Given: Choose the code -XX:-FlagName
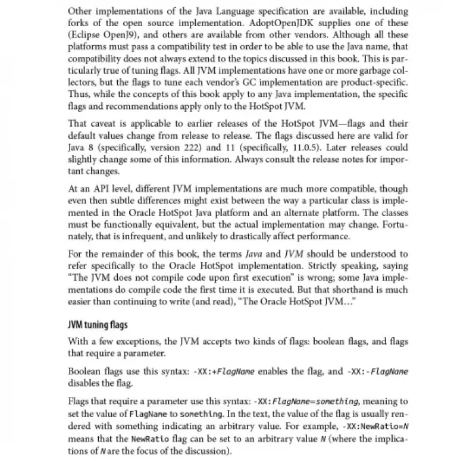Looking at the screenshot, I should [x=377, y=371].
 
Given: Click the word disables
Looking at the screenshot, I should [x=84, y=382].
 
